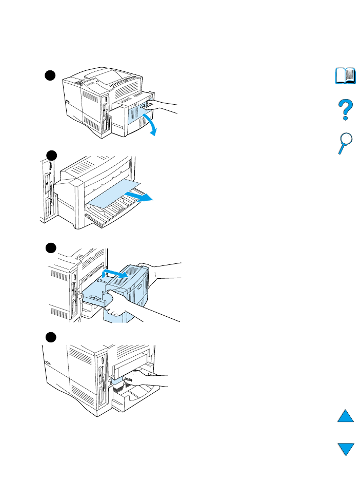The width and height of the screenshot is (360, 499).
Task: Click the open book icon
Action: coord(345,76)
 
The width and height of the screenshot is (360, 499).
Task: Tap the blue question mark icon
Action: coord(345,110)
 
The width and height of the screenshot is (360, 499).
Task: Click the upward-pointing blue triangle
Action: coord(346,415)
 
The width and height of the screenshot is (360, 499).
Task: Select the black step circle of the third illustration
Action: coord(49,248)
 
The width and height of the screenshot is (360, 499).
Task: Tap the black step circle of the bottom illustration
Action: coord(49,337)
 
